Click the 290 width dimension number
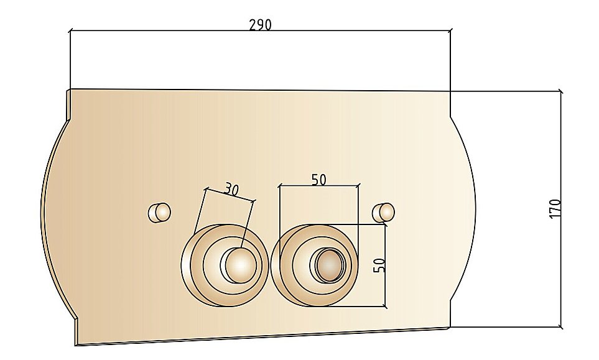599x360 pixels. [x=260, y=25]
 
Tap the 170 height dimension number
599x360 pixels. [x=555, y=208]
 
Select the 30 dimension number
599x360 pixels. [x=231, y=190]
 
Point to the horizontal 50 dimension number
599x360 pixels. [x=318, y=179]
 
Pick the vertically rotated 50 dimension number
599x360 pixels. [x=379, y=265]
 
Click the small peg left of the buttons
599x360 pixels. [x=159, y=212]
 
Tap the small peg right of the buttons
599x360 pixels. [x=383, y=211]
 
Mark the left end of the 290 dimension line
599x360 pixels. [x=70, y=30]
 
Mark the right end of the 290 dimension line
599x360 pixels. [x=450, y=30]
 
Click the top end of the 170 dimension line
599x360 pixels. [x=561, y=91]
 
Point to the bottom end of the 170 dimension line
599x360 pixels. [x=561, y=327]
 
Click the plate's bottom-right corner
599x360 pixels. [x=450, y=327]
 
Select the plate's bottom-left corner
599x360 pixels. [x=76, y=344]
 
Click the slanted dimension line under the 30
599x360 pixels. [x=230, y=194]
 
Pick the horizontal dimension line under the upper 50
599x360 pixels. [x=319, y=185]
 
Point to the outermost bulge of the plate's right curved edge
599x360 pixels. [x=476, y=208]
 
